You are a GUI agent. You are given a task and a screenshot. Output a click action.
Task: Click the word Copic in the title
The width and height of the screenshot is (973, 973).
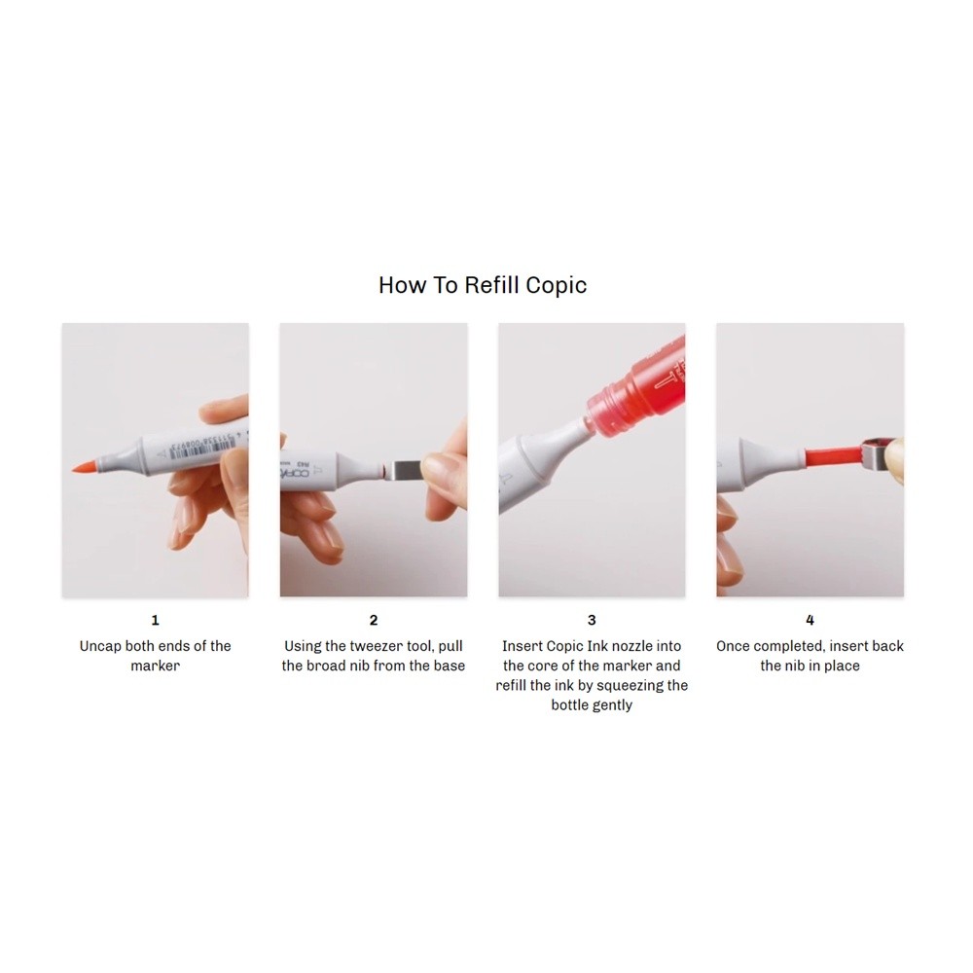556,286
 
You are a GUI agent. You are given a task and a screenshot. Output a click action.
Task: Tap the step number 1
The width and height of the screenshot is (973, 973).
155,620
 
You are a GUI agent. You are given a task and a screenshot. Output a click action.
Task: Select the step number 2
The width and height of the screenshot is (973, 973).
374,620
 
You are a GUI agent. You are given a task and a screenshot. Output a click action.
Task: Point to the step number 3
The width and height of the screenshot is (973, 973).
592,620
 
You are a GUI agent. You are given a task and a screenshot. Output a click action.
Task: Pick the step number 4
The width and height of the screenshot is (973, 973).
810,620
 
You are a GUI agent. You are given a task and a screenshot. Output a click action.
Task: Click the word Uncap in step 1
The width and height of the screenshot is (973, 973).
100,646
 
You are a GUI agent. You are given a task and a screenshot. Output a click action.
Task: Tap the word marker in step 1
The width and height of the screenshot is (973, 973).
155,666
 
